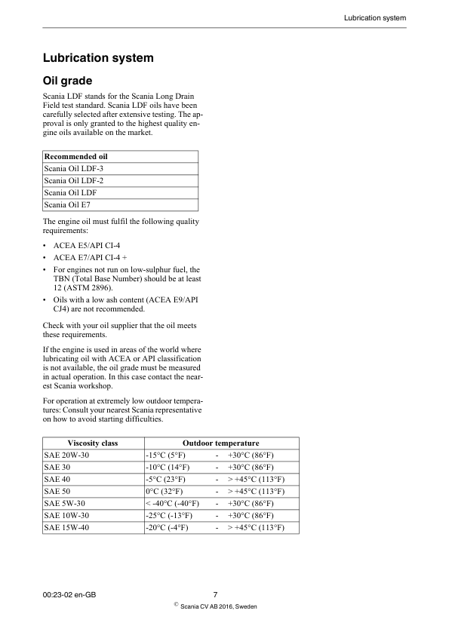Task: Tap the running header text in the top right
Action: [x=375, y=17]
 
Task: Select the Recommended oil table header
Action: [x=76, y=157]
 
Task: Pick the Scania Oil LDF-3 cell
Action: [x=74, y=169]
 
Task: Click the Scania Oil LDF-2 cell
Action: [x=74, y=181]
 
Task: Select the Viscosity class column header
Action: [x=93, y=443]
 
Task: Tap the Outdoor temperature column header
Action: [x=221, y=443]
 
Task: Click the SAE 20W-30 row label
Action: [x=65, y=456]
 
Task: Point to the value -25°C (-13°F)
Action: [x=170, y=515]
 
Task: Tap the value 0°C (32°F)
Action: [x=165, y=491]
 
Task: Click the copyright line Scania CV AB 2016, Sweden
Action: [x=219, y=606]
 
